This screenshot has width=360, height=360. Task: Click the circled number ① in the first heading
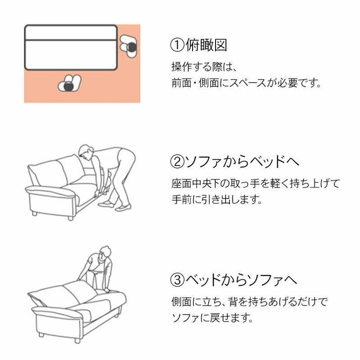pos(177,45)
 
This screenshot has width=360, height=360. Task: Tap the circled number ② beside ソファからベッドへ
pos(177,162)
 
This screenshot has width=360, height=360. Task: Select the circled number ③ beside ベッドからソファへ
pos(177,279)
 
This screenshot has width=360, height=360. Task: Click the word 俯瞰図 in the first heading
pos(206,45)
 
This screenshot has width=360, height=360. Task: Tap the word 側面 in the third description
pos(181,301)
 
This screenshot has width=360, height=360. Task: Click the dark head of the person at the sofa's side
pos(131,47)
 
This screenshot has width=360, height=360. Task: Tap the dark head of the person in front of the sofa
pos(68,86)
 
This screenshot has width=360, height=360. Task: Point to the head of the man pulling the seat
pos(85,152)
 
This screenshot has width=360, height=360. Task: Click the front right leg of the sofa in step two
pos(71,218)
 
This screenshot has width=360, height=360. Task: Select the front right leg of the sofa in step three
pos(77,341)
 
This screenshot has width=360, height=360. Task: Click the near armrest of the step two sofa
pos(50,191)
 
